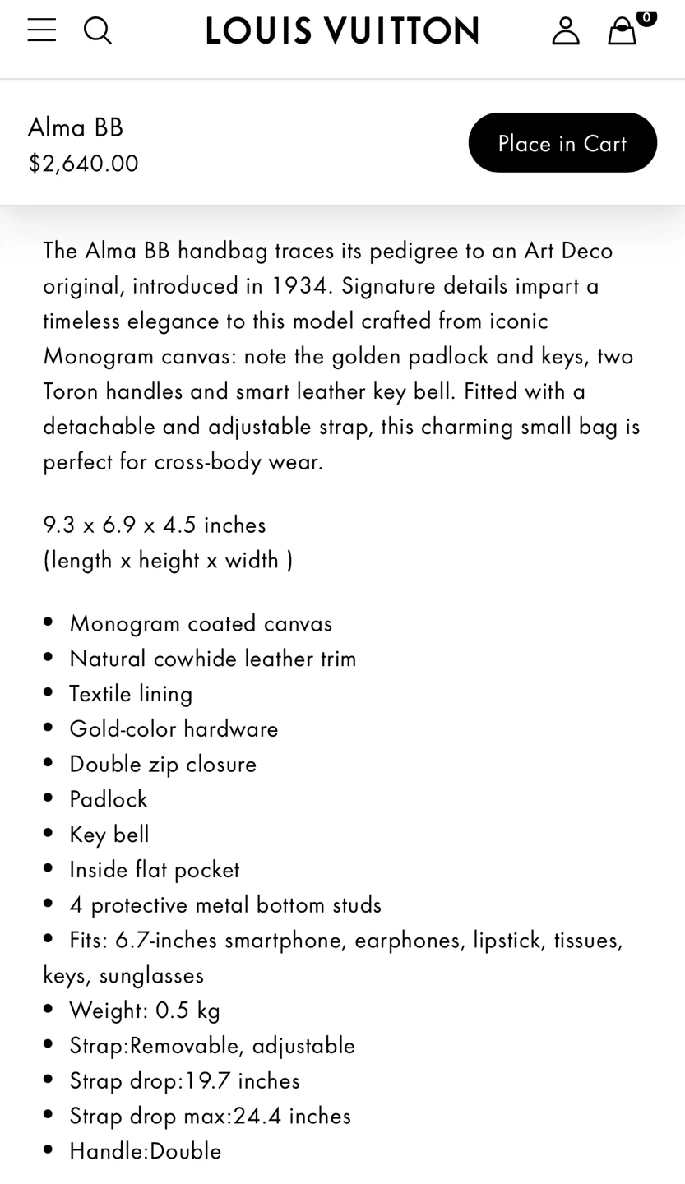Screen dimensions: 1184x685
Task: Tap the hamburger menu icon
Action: (x=41, y=30)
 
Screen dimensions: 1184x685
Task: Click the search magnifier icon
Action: (x=97, y=30)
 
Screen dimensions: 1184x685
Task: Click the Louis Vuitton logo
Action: (x=342, y=31)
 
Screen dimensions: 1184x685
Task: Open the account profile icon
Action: (x=565, y=30)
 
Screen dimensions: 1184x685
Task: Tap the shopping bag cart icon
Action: (x=623, y=30)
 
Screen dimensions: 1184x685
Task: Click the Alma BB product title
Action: (x=76, y=127)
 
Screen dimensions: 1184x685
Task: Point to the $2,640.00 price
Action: (x=83, y=163)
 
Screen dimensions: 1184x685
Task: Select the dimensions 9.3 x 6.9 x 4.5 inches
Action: (x=155, y=524)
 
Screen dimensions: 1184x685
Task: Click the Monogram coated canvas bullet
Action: (x=201, y=622)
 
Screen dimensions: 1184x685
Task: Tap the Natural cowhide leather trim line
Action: (x=213, y=658)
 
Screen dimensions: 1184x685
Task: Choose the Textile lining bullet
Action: (x=131, y=693)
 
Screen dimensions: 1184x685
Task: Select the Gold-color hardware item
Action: (x=174, y=728)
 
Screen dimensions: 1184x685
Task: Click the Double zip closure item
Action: (x=163, y=764)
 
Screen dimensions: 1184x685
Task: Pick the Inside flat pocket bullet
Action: (x=155, y=869)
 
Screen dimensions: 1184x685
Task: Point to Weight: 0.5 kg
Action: (x=145, y=1010)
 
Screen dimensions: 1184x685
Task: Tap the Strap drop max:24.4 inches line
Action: (x=210, y=1115)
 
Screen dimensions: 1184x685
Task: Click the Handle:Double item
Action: (x=146, y=1150)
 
